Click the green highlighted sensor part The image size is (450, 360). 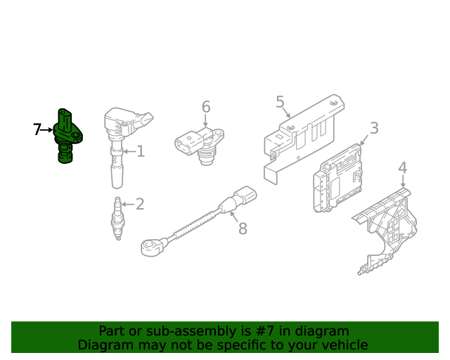tap(67, 136)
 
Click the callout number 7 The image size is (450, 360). tap(37, 129)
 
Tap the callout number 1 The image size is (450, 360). tap(141, 151)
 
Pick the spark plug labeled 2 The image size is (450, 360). tap(117, 218)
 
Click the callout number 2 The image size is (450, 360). tap(140, 204)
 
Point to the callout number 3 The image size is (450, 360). tap(374, 128)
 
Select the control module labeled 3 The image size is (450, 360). tap(337, 179)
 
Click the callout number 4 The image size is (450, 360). tap(403, 167)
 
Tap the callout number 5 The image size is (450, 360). tap(280, 102)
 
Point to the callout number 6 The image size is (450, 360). tap(206, 107)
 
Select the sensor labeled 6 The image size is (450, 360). tap(200, 146)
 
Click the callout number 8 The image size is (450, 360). tap(243, 229)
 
